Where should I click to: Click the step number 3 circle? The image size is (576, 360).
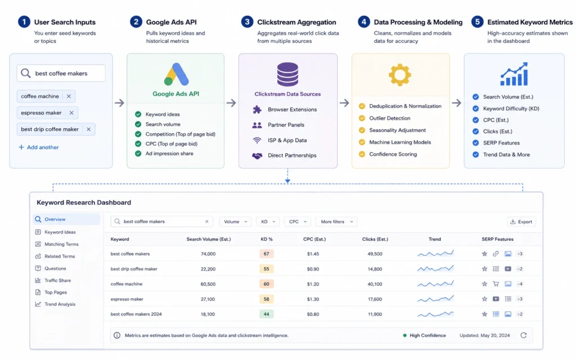point(247,22)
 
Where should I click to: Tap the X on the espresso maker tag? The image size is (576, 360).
point(71,112)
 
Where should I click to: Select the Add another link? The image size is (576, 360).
point(39,147)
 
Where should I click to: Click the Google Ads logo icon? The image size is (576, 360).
point(176,74)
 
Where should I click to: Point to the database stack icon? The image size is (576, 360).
point(287,74)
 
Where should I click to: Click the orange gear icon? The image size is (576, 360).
point(400,75)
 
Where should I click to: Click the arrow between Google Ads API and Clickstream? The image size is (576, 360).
point(231,103)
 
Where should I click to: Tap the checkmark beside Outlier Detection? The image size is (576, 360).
point(362,118)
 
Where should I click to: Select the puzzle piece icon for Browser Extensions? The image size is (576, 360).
point(257,110)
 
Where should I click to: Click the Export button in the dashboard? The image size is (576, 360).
point(521,222)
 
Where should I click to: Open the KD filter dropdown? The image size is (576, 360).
point(268,222)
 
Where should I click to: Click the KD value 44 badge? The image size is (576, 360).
point(266,314)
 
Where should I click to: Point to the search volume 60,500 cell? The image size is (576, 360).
point(208,284)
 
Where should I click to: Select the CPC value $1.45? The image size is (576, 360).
point(313,254)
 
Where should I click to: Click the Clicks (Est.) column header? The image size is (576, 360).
point(375,239)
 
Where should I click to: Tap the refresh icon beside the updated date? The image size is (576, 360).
point(524,335)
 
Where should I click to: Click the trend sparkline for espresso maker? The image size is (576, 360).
point(435,299)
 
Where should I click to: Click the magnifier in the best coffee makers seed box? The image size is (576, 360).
point(25,73)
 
